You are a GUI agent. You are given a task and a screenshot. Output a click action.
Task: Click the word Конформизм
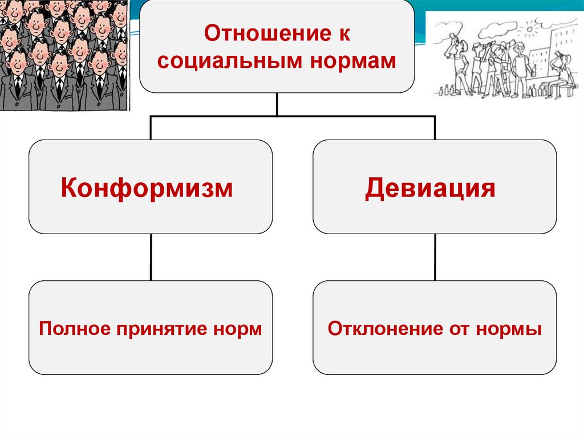pyautogui.click(x=147, y=187)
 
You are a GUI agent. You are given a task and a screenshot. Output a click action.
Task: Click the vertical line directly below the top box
pyautogui.click(x=277, y=104)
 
